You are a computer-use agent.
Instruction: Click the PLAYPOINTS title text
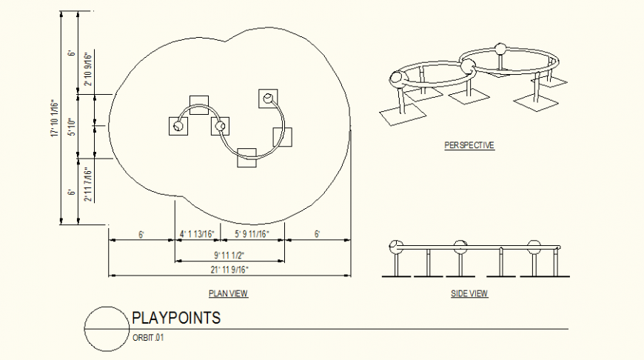click(x=176, y=319)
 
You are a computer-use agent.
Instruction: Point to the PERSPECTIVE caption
click(x=469, y=146)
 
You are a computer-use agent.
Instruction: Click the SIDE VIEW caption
click(x=469, y=294)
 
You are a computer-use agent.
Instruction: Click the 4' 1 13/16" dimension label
click(x=197, y=234)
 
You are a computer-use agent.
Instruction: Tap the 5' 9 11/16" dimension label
click(x=252, y=234)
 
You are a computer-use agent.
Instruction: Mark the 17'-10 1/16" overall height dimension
click(x=54, y=118)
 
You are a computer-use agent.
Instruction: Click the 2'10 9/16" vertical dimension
click(x=87, y=70)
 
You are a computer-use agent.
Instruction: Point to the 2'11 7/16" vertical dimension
click(x=87, y=184)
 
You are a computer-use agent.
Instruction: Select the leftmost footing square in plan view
click(x=178, y=127)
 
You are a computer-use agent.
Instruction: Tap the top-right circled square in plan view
click(x=267, y=98)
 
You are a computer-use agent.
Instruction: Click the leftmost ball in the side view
click(x=398, y=246)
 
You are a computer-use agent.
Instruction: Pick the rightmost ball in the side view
click(x=534, y=247)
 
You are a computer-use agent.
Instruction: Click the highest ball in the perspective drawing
click(x=500, y=50)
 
